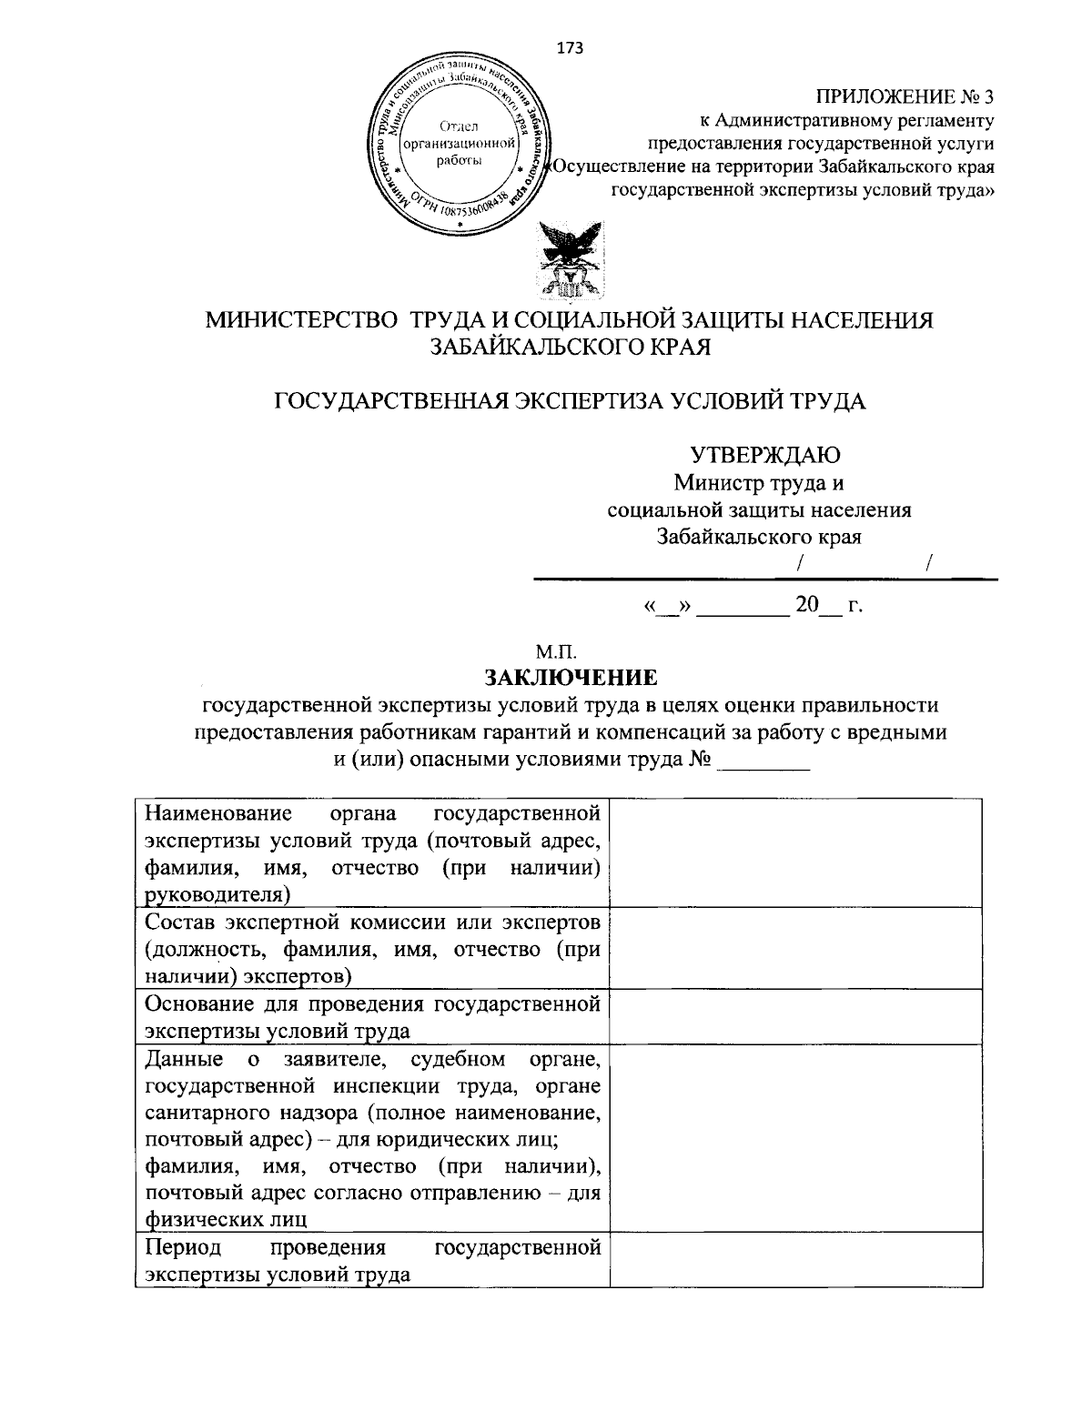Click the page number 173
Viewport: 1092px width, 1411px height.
(570, 48)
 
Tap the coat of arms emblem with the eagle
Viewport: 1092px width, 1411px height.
(570, 260)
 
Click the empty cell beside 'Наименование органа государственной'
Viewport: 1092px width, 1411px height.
(795, 852)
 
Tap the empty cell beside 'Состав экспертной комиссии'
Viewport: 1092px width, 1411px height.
(795, 949)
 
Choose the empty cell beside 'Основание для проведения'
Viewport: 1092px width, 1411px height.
(795, 1017)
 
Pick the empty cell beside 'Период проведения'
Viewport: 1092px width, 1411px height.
(795, 1259)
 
